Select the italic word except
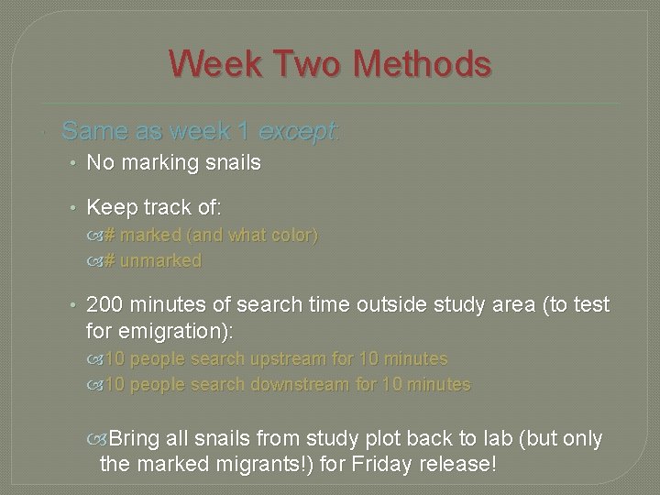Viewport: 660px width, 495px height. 298,132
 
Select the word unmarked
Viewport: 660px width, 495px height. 160,260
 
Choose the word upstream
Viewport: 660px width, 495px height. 272,359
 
